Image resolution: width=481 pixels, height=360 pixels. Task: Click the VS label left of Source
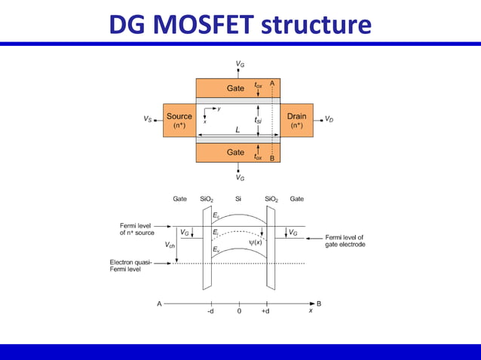pos(148,119)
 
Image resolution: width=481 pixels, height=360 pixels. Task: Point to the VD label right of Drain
pos(329,119)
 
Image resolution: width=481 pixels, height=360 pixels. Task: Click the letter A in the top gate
pos(271,83)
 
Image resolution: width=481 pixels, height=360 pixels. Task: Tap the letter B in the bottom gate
pos(271,158)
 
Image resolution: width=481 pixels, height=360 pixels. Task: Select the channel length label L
pos(237,130)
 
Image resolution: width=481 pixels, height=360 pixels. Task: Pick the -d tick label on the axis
pos(210,311)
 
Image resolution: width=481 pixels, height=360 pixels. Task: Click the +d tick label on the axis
pos(265,311)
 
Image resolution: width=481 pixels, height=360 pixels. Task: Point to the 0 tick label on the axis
pos(238,311)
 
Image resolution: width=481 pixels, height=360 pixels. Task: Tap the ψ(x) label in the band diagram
pos(254,242)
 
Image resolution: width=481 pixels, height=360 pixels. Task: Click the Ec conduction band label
pos(216,216)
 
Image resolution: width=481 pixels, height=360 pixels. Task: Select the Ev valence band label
pos(216,249)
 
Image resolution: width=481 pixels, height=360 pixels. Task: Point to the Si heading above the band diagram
pos(238,199)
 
